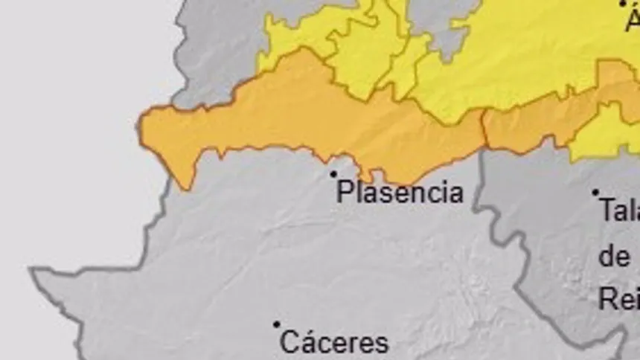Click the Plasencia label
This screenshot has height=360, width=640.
tap(400, 192)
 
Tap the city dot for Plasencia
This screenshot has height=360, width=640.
tap(333, 174)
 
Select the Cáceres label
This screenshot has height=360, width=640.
tap(334, 343)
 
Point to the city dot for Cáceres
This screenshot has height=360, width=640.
tap(277, 324)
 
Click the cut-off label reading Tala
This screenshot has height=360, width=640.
tap(621, 212)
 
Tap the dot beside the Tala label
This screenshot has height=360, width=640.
tap(595, 193)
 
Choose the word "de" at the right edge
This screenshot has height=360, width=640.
tap(615, 257)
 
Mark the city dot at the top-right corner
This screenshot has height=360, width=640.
tap(623, 4)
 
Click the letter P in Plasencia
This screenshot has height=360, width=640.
tap(345, 192)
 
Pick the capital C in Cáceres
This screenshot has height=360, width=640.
tap(290, 343)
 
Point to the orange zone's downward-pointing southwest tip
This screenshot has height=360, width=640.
tap(185, 184)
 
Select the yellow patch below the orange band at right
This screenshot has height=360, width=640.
tap(607, 134)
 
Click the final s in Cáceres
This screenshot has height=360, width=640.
tap(382, 344)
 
